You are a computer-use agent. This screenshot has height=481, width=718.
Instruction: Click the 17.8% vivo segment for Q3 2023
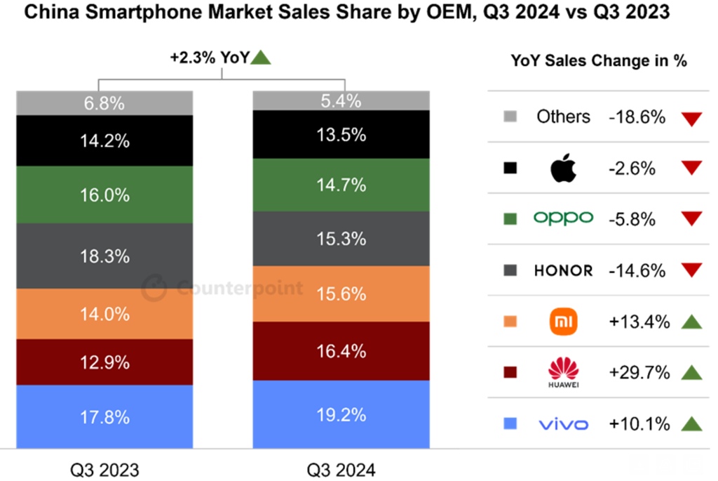104,416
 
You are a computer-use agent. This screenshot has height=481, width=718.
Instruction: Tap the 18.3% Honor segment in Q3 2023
104,256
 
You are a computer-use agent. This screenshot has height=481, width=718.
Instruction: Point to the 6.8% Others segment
104,103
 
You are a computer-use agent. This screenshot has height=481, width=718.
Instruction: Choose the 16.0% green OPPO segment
104,195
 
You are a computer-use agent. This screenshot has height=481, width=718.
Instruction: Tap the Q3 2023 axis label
105,469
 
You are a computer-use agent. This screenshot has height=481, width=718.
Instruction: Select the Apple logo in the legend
563,169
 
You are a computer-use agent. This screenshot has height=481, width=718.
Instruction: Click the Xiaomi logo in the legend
563,322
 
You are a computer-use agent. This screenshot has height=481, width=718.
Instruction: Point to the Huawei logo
563,371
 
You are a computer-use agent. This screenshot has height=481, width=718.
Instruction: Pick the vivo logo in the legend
563,424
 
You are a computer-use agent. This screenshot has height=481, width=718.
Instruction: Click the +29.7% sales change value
637,373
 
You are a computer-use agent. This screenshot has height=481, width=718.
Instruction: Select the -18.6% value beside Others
637,117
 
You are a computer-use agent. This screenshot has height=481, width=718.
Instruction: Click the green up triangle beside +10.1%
691,423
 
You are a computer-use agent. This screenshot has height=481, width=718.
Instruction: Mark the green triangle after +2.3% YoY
261,58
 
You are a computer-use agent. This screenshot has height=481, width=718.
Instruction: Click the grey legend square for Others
510,117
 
